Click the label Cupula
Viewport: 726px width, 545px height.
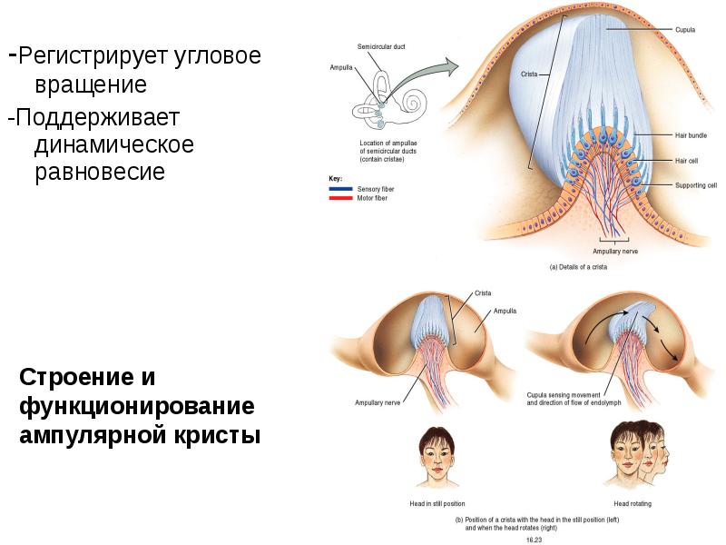click(x=685, y=30)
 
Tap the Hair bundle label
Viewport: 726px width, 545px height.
click(x=691, y=135)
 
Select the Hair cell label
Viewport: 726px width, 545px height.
click(x=686, y=161)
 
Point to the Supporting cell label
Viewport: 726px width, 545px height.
click(x=696, y=185)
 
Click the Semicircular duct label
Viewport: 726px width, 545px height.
click(x=381, y=46)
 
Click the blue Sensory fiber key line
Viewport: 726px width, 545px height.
click(x=340, y=189)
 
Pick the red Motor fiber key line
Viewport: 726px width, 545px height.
click(x=340, y=198)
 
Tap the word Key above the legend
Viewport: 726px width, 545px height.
click(x=335, y=178)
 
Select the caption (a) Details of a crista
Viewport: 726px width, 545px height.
click(x=578, y=267)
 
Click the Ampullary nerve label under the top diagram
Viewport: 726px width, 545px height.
click(x=615, y=252)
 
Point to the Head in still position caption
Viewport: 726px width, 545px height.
click(x=437, y=504)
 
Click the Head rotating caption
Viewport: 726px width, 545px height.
click(x=633, y=504)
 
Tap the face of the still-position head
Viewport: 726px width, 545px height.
click(x=437, y=456)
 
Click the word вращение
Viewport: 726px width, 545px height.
click(x=91, y=84)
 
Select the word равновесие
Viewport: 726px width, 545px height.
click(x=100, y=172)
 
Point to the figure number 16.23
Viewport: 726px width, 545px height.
click(x=534, y=540)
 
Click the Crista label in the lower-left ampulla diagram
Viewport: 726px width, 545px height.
click(x=483, y=293)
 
